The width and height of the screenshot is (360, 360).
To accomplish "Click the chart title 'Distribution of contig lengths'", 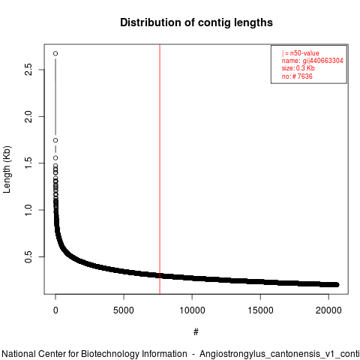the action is tap(196, 22).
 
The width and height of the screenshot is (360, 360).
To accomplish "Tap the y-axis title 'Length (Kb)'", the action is tap(7, 169).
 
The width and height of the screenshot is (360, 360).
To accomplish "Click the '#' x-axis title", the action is tap(196, 332).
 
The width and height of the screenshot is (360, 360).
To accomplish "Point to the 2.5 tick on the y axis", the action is tap(28, 70).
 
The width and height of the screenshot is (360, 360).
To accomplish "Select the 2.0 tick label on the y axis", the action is tap(28, 116).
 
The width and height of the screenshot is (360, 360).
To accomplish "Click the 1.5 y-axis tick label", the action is tap(28, 163).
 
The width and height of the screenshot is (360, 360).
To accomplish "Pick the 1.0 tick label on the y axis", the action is tap(28, 210).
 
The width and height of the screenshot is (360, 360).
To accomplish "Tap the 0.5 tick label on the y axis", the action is tap(28, 256).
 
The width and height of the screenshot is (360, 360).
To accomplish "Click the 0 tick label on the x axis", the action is tap(55, 310).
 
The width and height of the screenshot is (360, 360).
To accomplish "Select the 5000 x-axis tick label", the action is tap(124, 310).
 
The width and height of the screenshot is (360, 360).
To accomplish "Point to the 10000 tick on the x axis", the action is tap(192, 310).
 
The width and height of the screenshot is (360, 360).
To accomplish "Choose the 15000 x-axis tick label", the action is tap(260, 310).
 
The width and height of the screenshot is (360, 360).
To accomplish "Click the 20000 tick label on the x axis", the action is tap(328, 310).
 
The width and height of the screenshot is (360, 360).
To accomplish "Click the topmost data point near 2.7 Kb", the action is tap(55, 53).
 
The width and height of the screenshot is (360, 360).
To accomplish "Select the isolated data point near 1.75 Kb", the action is tap(55, 140).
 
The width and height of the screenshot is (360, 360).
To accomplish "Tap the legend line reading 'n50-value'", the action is tap(301, 53).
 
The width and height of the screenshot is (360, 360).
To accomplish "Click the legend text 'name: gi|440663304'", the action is tap(313, 61).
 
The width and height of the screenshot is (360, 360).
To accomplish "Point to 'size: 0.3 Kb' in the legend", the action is tap(298, 68).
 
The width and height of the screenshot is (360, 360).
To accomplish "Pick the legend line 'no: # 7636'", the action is tap(297, 76).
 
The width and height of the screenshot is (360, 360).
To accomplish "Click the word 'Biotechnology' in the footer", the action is tap(110, 354).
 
